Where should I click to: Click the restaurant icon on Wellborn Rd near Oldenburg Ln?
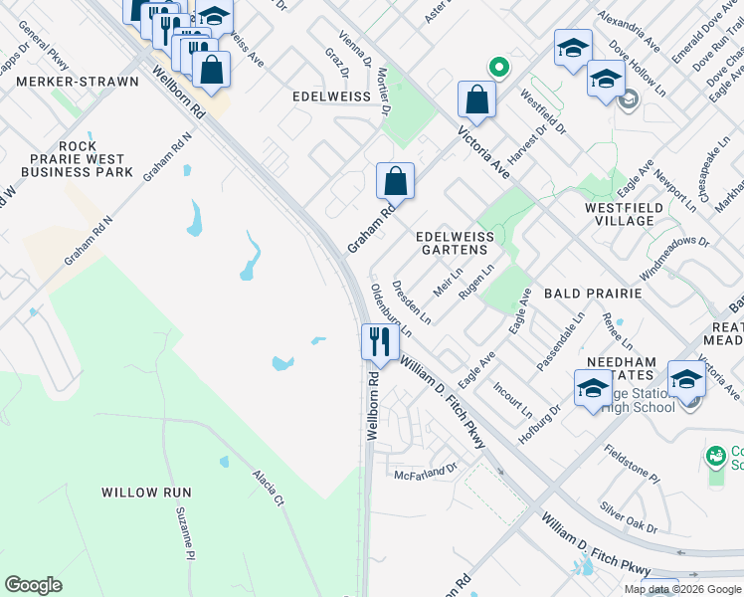pos(379,343)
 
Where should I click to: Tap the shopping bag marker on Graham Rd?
pos(395,182)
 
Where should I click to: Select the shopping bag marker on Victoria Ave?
pos(476,100)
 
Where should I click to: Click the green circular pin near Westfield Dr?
pos(498,68)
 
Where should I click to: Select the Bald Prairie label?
pos(594,296)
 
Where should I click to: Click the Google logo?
pos(33,585)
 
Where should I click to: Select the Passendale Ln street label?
pos(560,340)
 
